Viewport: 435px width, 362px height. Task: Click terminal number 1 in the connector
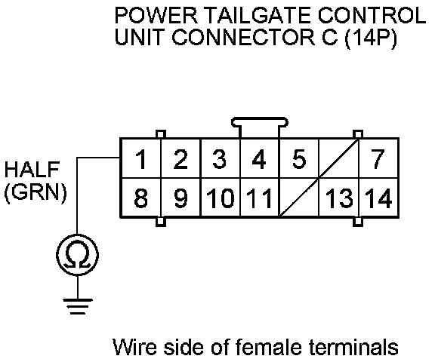tap(141, 158)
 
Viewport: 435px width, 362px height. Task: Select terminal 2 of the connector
tap(180, 158)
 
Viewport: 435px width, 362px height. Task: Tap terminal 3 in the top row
tap(220, 158)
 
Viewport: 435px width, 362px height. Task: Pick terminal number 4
tap(259, 158)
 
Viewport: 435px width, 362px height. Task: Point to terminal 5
tap(299, 158)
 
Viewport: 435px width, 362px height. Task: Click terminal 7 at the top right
tap(378, 158)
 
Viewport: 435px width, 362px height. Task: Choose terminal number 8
tap(141, 198)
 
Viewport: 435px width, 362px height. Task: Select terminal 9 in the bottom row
tap(180, 198)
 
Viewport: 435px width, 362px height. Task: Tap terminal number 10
tap(221, 198)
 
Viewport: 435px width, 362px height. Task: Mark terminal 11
tap(259, 198)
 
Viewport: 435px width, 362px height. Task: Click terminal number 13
tap(339, 198)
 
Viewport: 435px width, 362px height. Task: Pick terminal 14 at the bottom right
tap(378, 198)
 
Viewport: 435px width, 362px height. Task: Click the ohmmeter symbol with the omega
tap(77, 255)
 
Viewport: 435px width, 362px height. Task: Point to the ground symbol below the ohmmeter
tap(78, 306)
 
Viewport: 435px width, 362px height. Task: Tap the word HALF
tap(32, 169)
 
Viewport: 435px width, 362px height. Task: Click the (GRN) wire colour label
tap(35, 192)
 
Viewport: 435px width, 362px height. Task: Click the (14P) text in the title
tap(371, 38)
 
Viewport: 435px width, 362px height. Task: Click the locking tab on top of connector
tap(260, 121)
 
